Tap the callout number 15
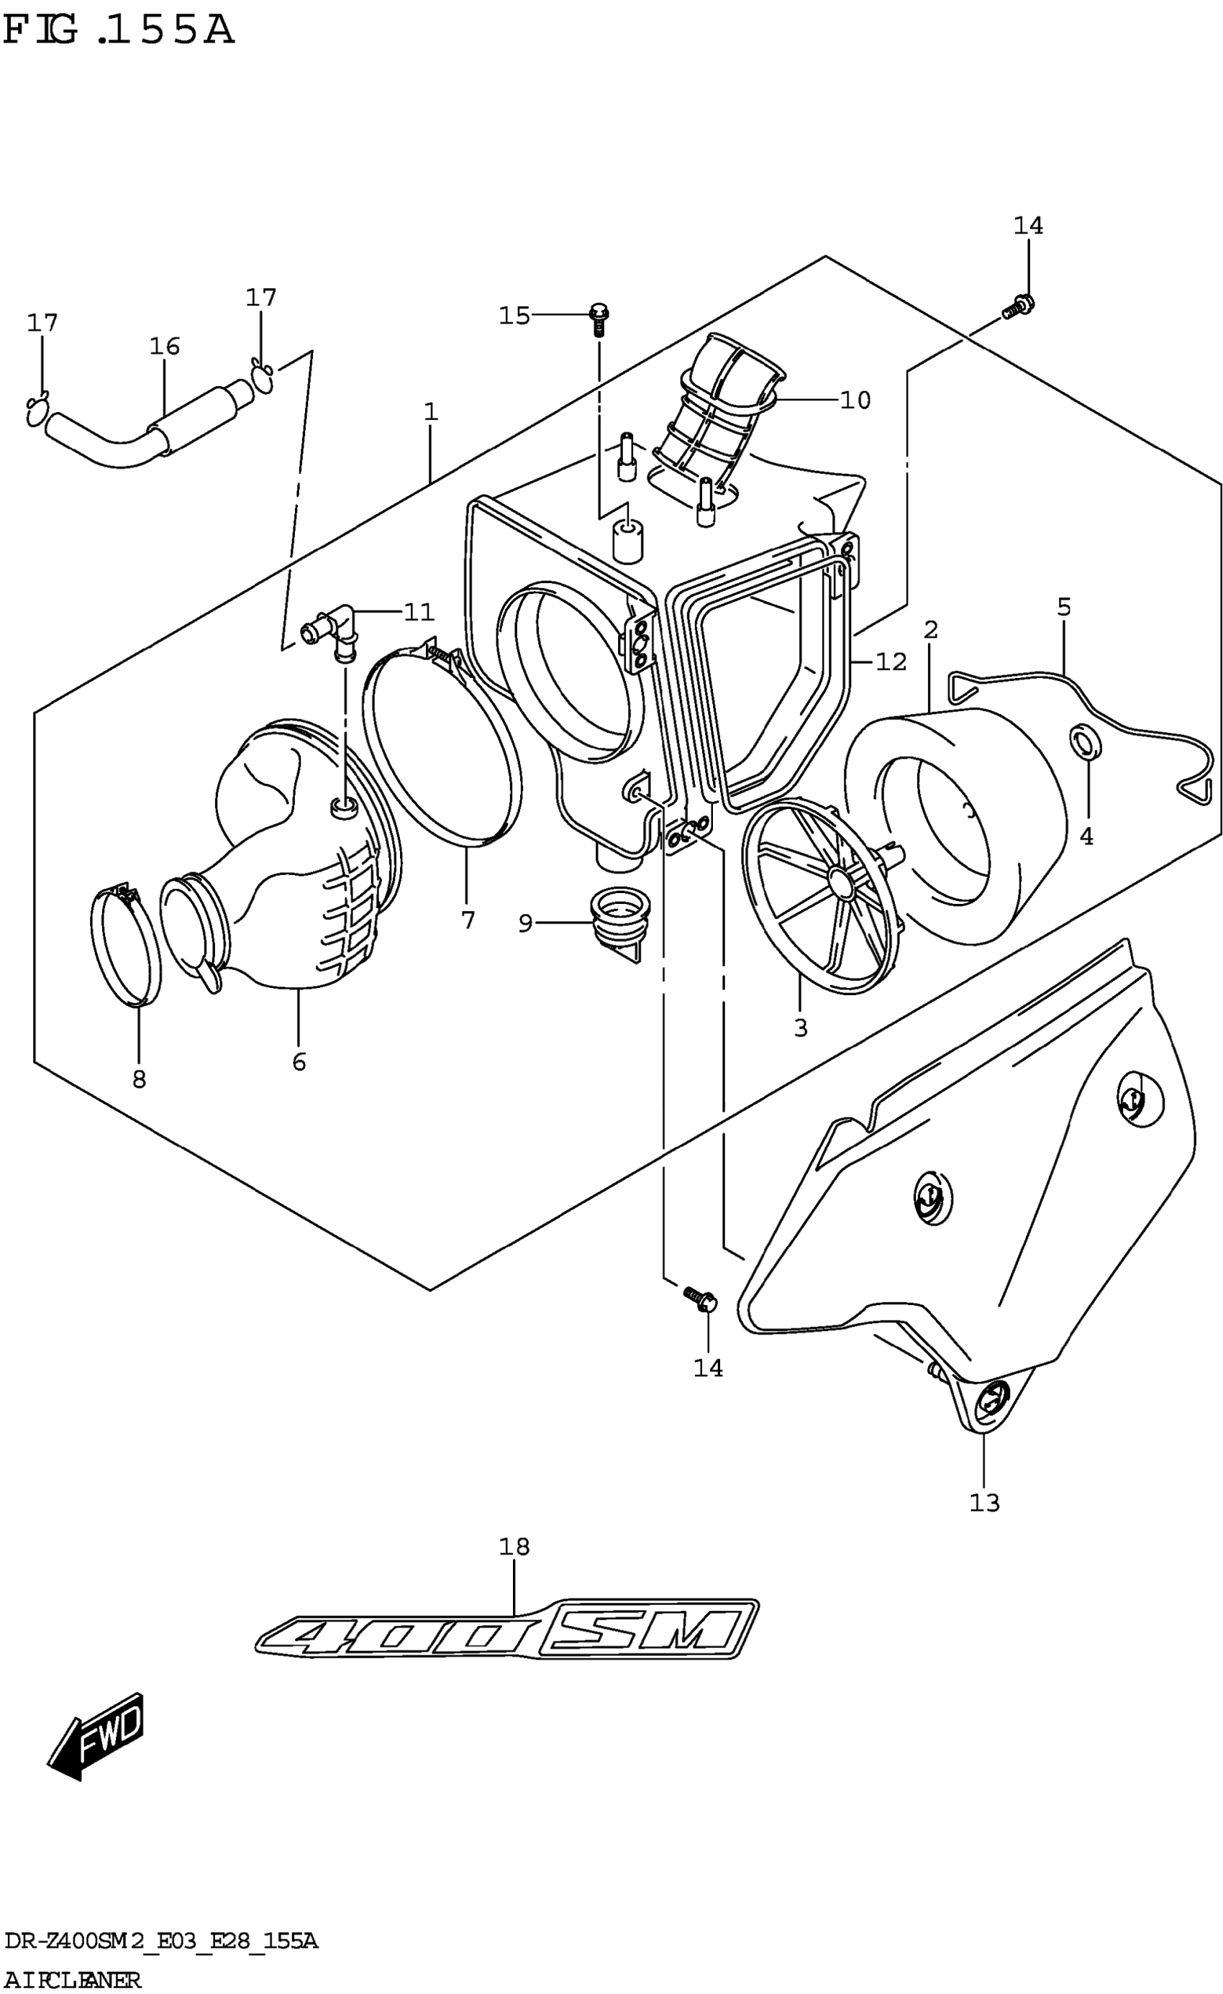pos(514,316)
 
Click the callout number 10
pos(855,400)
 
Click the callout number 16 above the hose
pos(164,347)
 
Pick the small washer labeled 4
pos(1082,743)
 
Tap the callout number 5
pos(1063,607)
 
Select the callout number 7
pos(468,920)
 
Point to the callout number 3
pos(801,1028)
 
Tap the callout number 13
pos(984,1503)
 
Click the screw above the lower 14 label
pos(699,1297)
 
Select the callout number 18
pos(514,1547)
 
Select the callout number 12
pos(891,662)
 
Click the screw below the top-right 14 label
pos(1018,308)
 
